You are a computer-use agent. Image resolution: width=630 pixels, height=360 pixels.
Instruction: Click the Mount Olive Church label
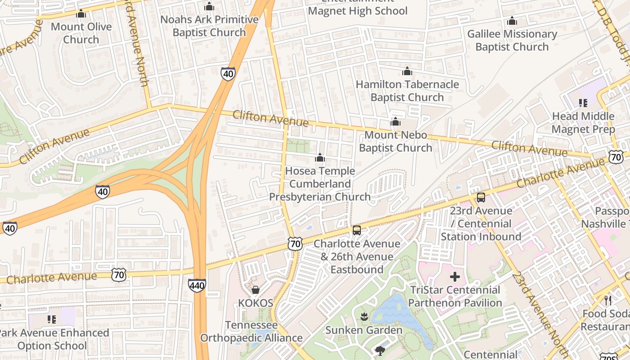click(x=81, y=33)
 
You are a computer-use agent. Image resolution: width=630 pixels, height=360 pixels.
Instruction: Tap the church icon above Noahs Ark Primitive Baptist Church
click(x=209, y=7)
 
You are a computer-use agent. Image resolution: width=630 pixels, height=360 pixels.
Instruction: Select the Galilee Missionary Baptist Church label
click(x=512, y=40)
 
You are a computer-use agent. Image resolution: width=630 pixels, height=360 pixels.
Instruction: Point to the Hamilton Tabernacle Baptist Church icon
click(x=407, y=71)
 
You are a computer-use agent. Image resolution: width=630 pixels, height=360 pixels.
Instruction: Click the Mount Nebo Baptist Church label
click(x=396, y=141)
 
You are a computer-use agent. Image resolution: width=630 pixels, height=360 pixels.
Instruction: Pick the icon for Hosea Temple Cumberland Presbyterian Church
click(x=320, y=157)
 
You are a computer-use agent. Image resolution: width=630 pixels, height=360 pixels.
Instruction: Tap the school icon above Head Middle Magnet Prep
click(x=583, y=103)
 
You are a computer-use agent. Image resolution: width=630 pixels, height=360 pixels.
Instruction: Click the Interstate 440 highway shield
click(x=197, y=285)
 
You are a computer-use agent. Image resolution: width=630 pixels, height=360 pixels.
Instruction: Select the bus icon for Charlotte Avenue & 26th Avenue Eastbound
click(x=357, y=230)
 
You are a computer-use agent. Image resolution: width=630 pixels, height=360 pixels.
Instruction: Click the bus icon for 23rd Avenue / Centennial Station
click(x=481, y=198)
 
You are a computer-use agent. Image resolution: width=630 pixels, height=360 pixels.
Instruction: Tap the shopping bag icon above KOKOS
click(x=256, y=289)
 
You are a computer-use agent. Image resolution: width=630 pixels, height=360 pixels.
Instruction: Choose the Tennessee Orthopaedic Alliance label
click(x=251, y=331)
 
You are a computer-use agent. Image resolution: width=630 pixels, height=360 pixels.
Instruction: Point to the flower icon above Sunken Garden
click(x=364, y=317)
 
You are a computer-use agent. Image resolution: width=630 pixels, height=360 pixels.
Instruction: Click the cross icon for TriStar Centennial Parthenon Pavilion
click(x=455, y=276)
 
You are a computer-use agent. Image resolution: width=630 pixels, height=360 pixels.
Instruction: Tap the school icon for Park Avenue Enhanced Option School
click(x=52, y=319)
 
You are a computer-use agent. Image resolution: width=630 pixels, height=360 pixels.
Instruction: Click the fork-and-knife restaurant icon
click(x=607, y=300)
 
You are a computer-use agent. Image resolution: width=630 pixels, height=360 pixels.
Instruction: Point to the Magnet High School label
click(x=358, y=11)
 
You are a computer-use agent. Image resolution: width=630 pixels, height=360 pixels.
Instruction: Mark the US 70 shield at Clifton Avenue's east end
click(x=615, y=157)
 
